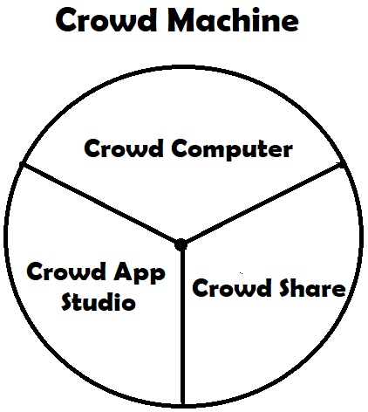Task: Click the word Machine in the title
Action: (233, 20)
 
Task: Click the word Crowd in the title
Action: (106, 20)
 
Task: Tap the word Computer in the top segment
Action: (232, 149)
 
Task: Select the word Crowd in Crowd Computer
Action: (124, 148)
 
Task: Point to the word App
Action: (140, 272)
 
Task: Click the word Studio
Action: (99, 301)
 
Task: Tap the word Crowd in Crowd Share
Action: (232, 287)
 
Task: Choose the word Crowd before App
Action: (66, 271)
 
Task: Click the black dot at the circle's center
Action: (181, 244)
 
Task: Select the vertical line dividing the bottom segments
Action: (182, 325)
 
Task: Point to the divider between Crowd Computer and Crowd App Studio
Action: (100, 204)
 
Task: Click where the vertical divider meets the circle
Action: (183, 404)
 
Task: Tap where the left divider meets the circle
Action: (22, 164)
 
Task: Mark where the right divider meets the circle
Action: (343, 164)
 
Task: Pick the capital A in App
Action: (123, 271)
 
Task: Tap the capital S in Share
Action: (286, 287)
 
